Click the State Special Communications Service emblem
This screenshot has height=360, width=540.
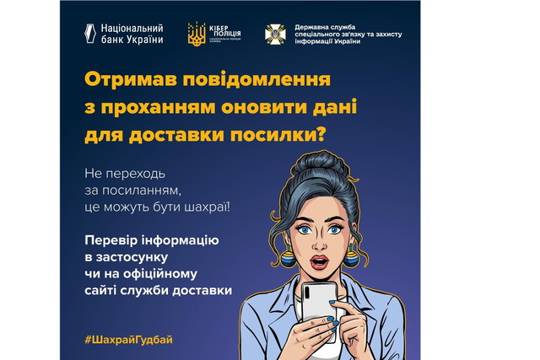pyautogui.click(x=275, y=34)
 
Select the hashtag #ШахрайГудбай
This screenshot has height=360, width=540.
pyautogui.click(x=129, y=338)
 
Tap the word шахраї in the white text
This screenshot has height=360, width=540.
pyautogui.click(x=204, y=206)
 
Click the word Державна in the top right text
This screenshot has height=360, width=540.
pyautogui.click(x=312, y=27)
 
